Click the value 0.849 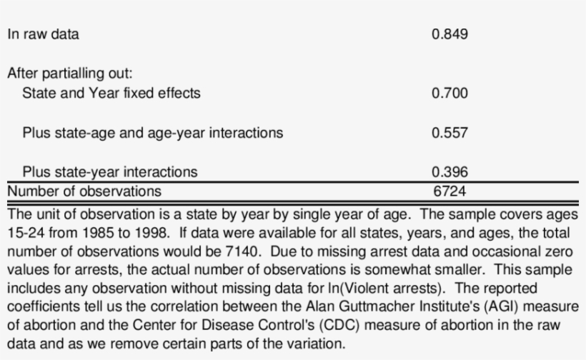click(x=450, y=34)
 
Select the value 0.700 click(x=450, y=93)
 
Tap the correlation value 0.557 click(x=450, y=133)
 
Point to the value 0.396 click(x=450, y=172)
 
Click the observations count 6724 click(x=450, y=191)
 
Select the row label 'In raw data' click(x=44, y=34)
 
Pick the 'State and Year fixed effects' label click(x=111, y=93)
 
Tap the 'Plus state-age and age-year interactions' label click(x=152, y=133)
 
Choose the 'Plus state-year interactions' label click(x=110, y=172)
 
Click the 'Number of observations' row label click(x=84, y=191)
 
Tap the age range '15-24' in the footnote click(x=26, y=233)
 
